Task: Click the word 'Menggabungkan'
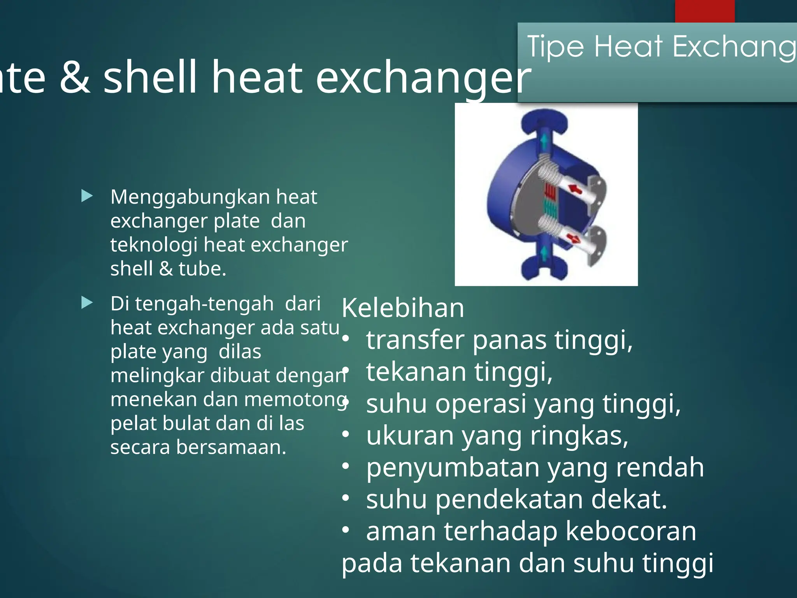[190, 197]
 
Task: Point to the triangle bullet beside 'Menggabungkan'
[87, 196]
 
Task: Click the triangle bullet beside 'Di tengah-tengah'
[87, 303]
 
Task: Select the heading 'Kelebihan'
[403, 308]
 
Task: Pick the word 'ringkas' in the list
[578, 436]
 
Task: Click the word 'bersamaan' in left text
[230, 447]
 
